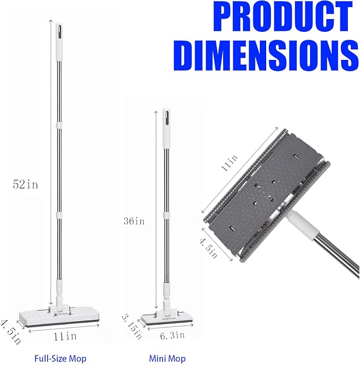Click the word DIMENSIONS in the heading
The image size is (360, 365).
266,55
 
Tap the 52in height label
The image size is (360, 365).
25,184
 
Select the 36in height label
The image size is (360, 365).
134,221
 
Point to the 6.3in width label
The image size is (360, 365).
172,335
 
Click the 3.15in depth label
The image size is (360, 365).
131,326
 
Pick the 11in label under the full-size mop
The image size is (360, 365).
65,336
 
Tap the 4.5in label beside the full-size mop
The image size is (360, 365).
11,332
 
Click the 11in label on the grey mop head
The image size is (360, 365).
230,163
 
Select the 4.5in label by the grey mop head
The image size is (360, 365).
208,248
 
